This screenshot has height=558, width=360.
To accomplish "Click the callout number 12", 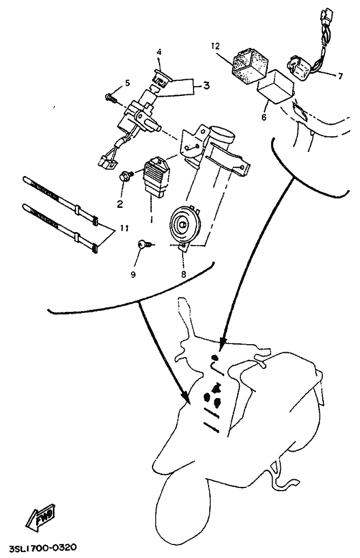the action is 215,46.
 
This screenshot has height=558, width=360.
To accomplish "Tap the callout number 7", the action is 341,76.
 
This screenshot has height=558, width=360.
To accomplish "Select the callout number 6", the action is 264,117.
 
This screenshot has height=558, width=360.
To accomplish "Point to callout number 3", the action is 207,86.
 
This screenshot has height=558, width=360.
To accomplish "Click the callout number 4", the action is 159,52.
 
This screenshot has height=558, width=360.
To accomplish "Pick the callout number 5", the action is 127,83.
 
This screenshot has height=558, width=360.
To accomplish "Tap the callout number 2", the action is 120,204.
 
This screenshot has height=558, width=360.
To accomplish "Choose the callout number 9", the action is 133,275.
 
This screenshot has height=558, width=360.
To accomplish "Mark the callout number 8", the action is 183,274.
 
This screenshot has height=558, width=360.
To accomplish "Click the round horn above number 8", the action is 184,224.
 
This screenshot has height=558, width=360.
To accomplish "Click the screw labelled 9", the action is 146,244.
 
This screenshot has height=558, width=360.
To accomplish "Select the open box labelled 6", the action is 275,87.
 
